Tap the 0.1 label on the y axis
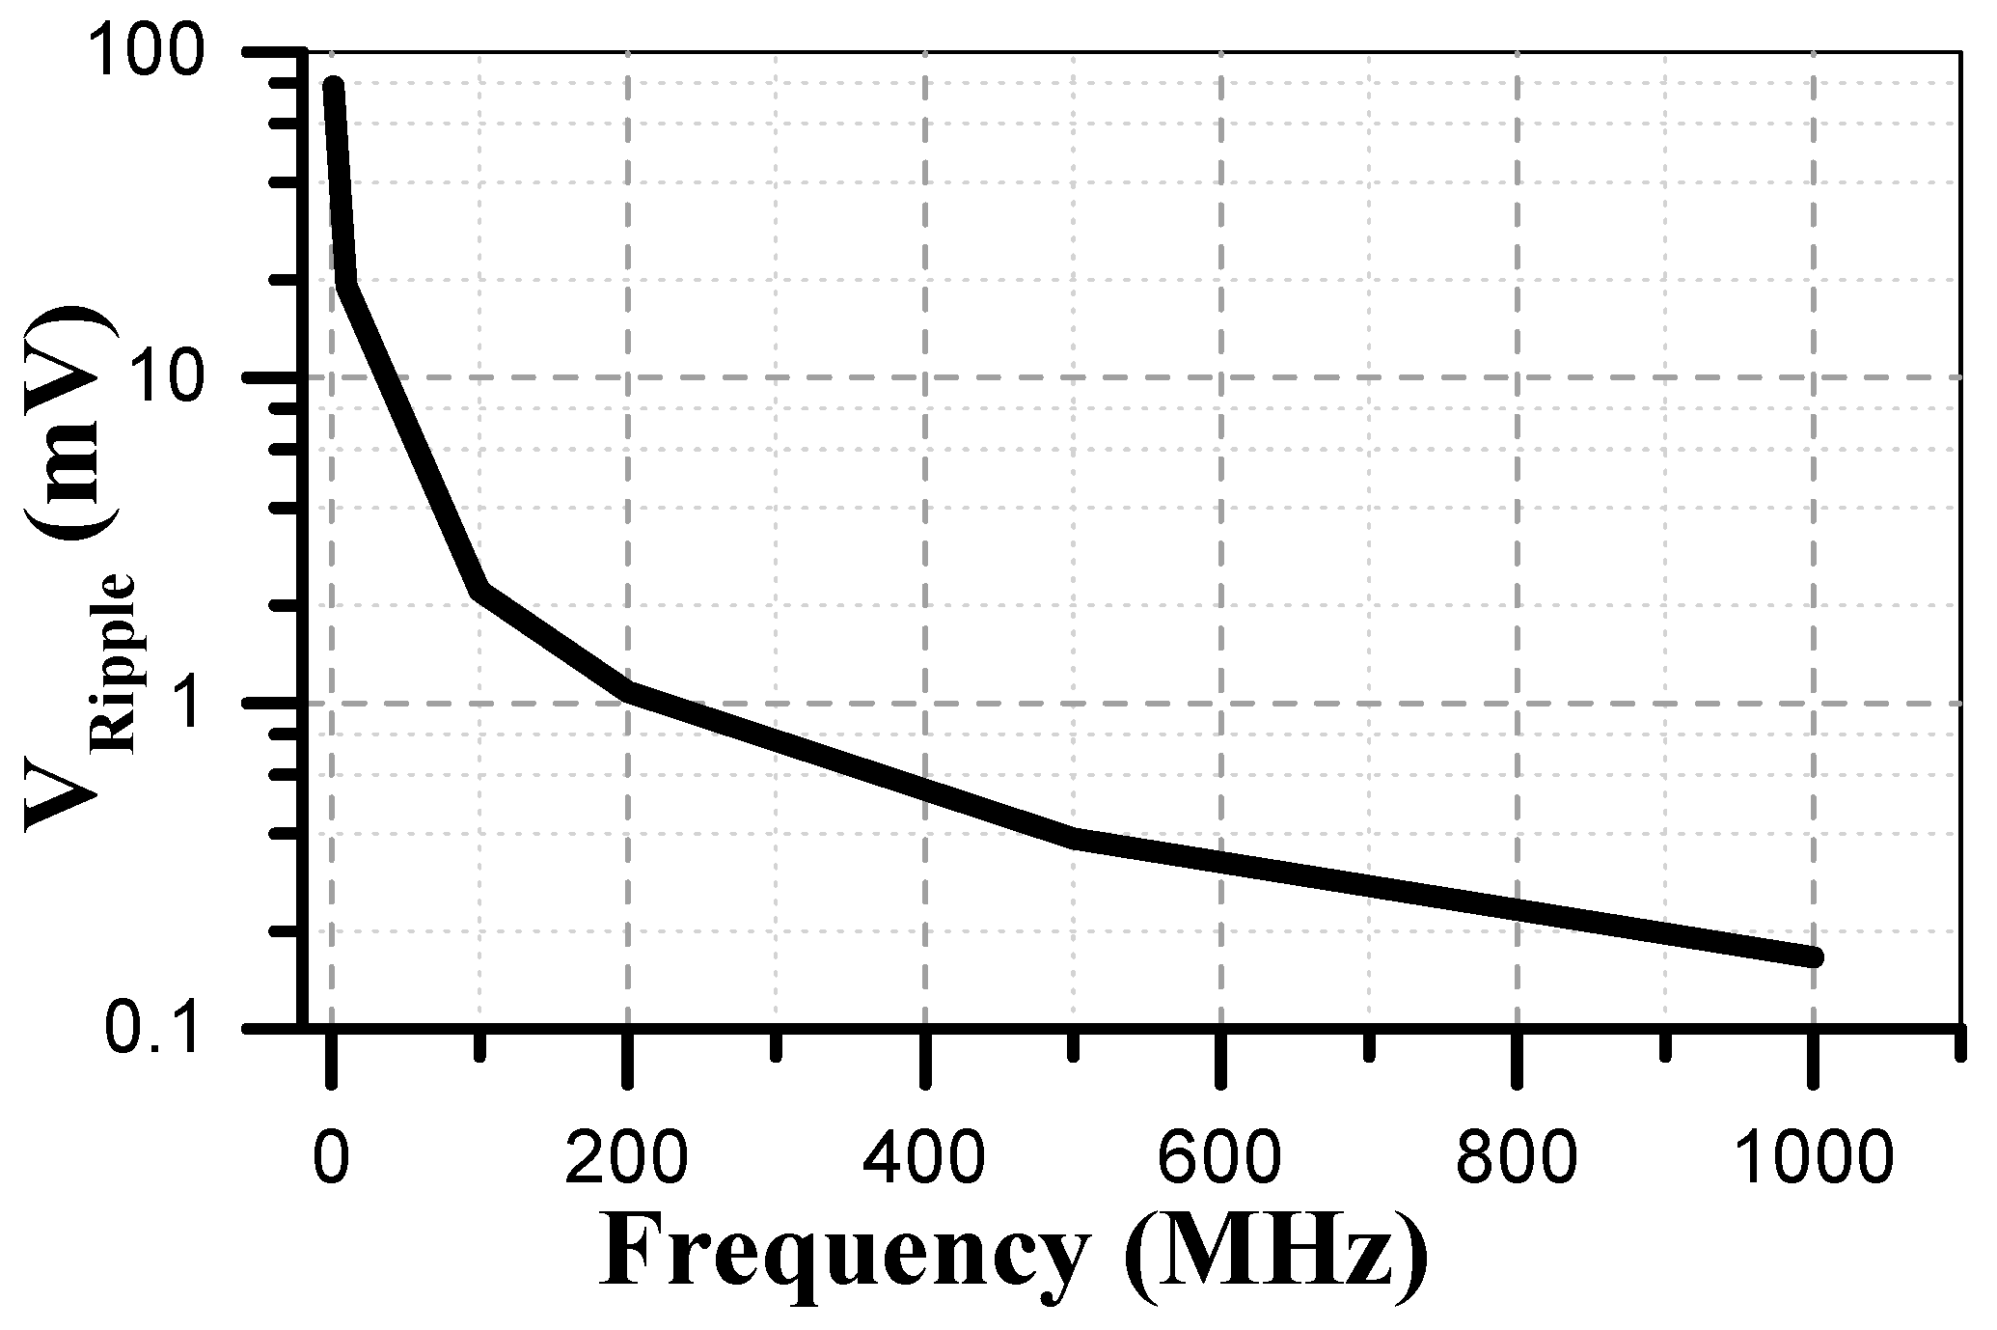pos(156,1031)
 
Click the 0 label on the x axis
pos(331,1155)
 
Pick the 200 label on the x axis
pos(628,1155)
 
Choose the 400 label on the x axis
pos(924,1155)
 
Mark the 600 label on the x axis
pos(1221,1155)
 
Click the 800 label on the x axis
pos(1518,1155)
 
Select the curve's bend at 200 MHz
pos(629,691)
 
